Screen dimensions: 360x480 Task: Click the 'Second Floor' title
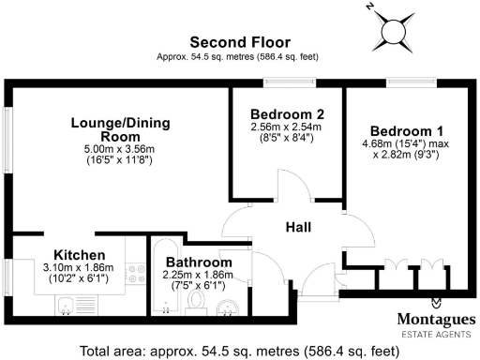[x=239, y=42]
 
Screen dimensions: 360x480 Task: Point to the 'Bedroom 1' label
[x=406, y=130]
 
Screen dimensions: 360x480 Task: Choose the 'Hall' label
[x=300, y=226]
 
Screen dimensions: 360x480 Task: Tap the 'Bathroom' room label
[x=199, y=262]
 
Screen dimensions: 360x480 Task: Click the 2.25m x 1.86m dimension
[x=199, y=275]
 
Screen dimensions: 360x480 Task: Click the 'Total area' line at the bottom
[x=239, y=351]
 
